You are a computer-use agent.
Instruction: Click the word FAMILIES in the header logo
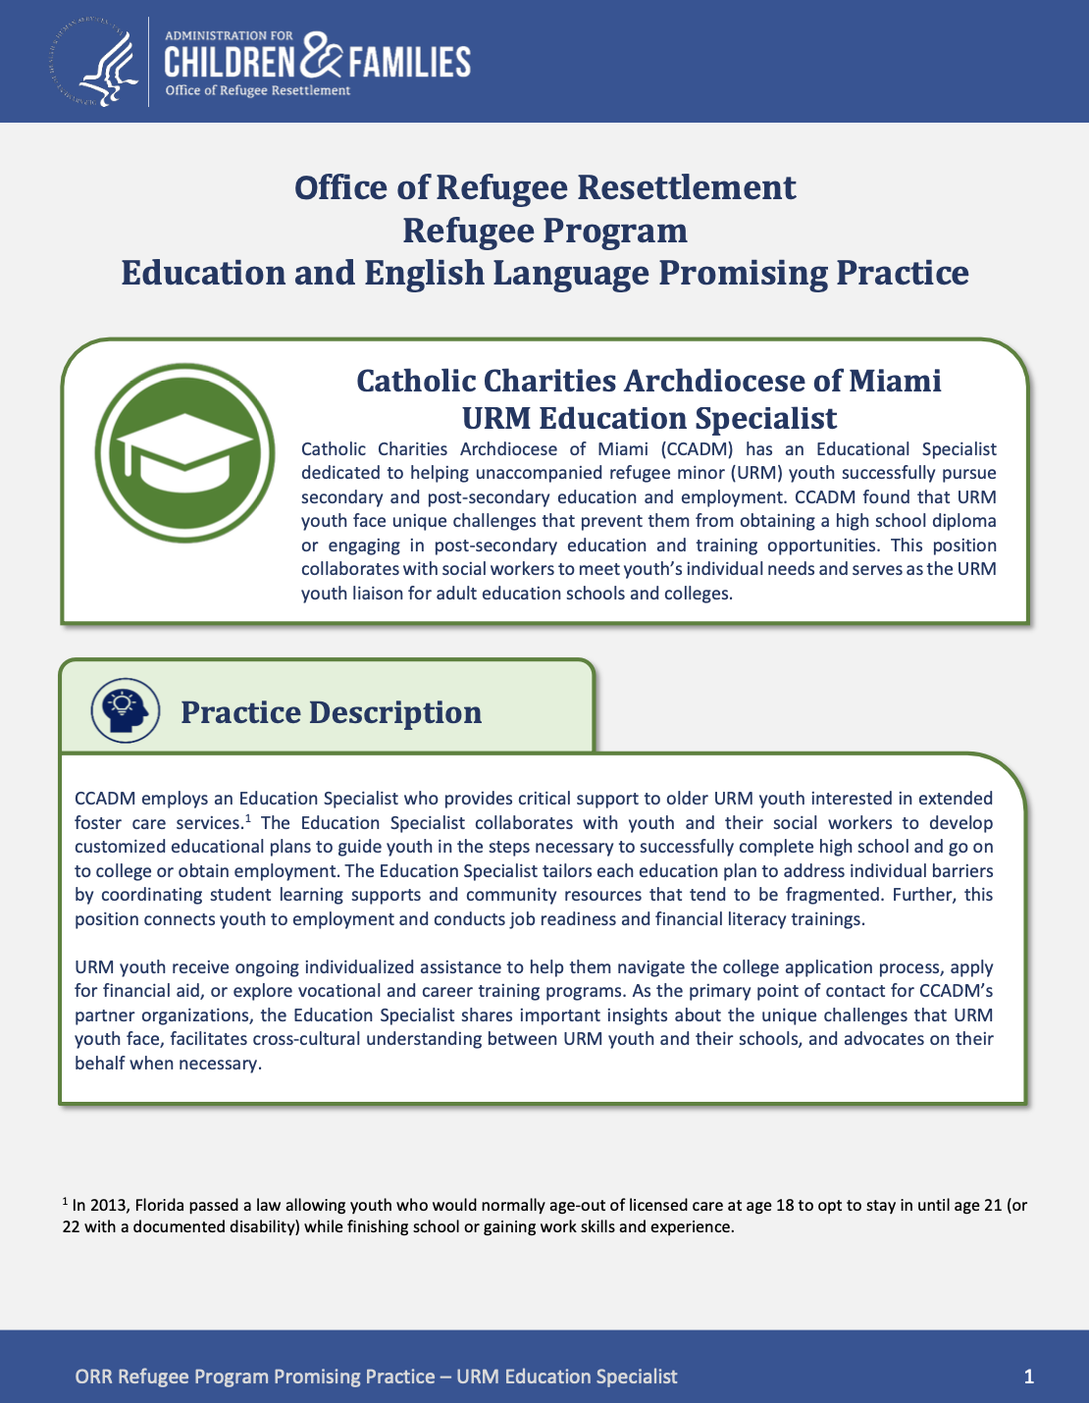408,63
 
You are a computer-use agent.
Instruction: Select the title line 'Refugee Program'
544,230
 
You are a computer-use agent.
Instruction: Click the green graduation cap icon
184,452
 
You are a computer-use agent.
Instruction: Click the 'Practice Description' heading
331,712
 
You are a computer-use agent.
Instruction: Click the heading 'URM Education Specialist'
648,418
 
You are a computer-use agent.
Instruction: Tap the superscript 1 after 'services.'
249,817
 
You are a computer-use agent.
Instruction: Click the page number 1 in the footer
1028,1377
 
